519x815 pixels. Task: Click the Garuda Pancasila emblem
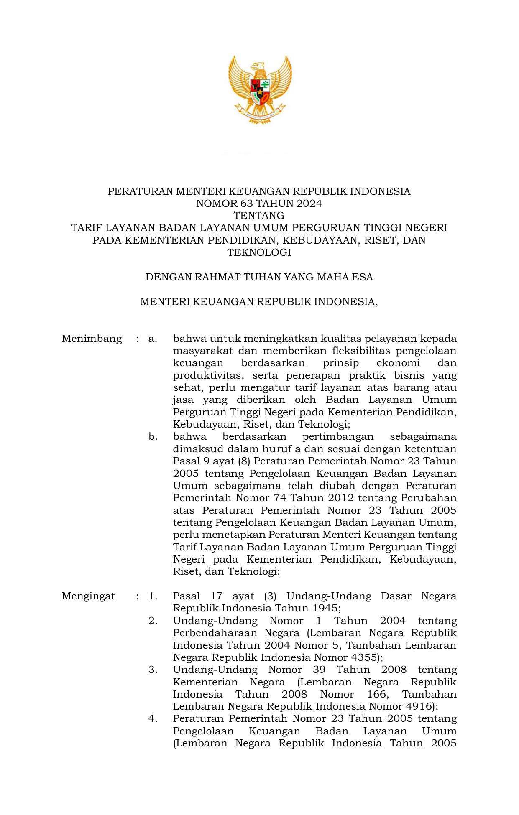(259, 89)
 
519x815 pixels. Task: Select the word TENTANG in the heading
(259, 216)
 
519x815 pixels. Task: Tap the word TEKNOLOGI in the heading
(259, 252)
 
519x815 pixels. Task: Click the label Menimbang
(92, 339)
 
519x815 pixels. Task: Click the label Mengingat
(88, 596)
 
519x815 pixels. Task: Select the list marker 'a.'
(153, 339)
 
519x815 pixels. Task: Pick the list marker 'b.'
(153, 437)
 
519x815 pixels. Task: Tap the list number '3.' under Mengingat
(153, 670)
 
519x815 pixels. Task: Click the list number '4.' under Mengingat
(153, 718)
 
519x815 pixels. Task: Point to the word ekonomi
(398, 363)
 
